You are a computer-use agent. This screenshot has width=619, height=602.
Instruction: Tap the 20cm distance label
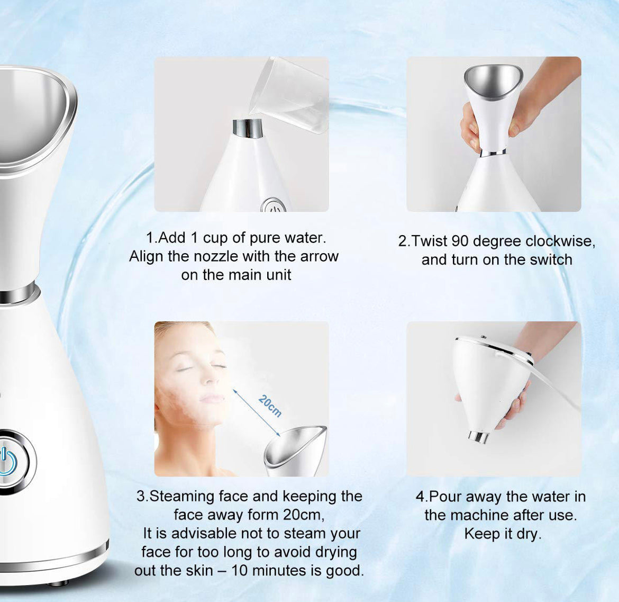(x=270, y=406)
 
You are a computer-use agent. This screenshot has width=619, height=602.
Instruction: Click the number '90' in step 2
(x=460, y=241)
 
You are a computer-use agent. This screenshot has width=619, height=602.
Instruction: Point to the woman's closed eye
(x=185, y=369)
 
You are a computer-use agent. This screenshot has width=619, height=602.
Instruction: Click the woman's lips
(x=211, y=399)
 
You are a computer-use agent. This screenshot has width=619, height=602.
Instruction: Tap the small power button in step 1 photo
(x=274, y=205)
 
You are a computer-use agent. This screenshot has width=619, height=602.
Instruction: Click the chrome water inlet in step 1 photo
(x=248, y=129)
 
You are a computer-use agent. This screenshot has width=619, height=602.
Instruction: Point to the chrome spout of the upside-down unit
(x=478, y=437)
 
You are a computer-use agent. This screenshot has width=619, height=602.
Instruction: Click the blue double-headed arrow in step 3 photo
(x=257, y=414)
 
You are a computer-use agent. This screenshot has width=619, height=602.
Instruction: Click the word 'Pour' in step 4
(x=445, y=497)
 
